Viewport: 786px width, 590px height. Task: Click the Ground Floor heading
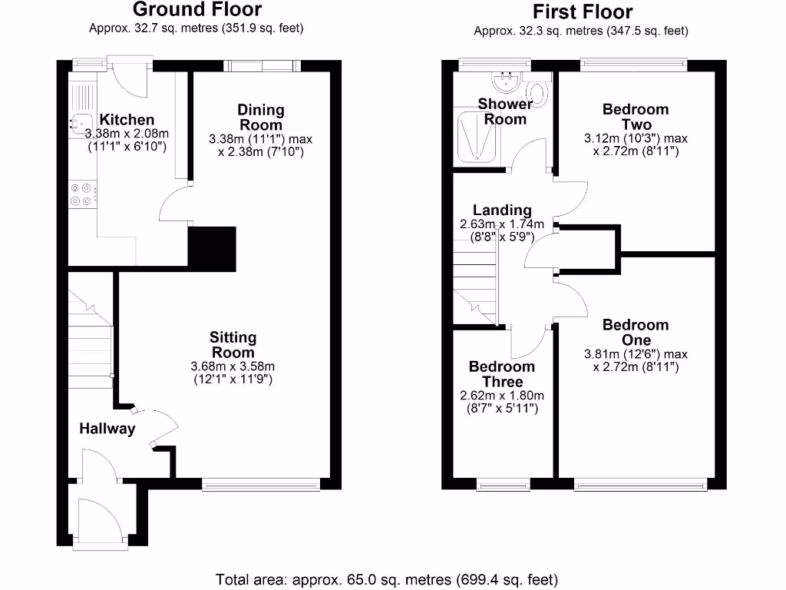click(x=196, y=10)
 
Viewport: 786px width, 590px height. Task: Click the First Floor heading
click(x=583, y=12)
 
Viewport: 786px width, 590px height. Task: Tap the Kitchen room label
click(x=127, y=120)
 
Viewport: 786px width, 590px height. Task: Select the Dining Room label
click(x=260, y=118)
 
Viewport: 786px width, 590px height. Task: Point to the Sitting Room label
click(x=233, y=345)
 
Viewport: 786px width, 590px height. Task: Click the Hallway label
click(x=107, y=429)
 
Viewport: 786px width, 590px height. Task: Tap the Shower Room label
click(x=505, y=111)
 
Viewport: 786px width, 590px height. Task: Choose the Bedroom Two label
click(x=636, y=117)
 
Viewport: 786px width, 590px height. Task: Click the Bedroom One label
click(x=636, y=333)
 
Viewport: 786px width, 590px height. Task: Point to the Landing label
click(x=502, y=210)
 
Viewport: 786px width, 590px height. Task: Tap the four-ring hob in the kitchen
click(x=83, y=193)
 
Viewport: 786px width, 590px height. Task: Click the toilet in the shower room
click(x=539, y=94)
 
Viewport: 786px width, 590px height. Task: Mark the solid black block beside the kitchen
click(x=212, y=248)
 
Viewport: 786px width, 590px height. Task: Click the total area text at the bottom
click(x=387, y=578)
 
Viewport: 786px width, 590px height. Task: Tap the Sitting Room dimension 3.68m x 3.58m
click(x=233, y=366)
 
